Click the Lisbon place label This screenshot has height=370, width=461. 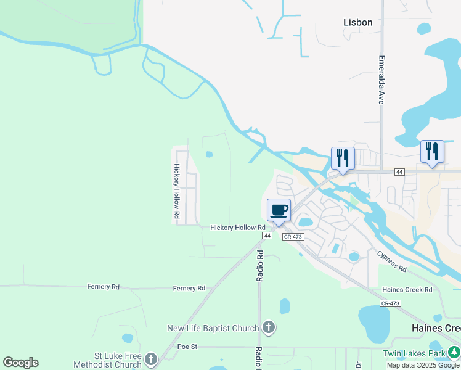[357, 22]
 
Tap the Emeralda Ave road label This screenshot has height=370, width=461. [381, 81]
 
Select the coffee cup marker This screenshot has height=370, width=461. [279, 211]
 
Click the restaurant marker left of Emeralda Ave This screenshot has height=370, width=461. [343, 158]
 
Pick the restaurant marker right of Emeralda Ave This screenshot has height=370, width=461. [432, 152]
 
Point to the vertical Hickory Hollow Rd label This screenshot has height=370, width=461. [176, 192]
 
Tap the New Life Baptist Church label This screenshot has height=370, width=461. [213, 328]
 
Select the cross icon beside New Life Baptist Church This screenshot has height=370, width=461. [268, 327]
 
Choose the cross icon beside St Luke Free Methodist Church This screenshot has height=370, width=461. [151, 358]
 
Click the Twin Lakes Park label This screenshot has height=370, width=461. [414, 353]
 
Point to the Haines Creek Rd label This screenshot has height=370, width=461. [407, 290]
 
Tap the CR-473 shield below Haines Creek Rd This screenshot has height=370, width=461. [390, 303]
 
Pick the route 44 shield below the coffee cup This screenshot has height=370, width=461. [267, 236]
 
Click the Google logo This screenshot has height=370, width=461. [20, 363]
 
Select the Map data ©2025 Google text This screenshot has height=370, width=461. [423, 365]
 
